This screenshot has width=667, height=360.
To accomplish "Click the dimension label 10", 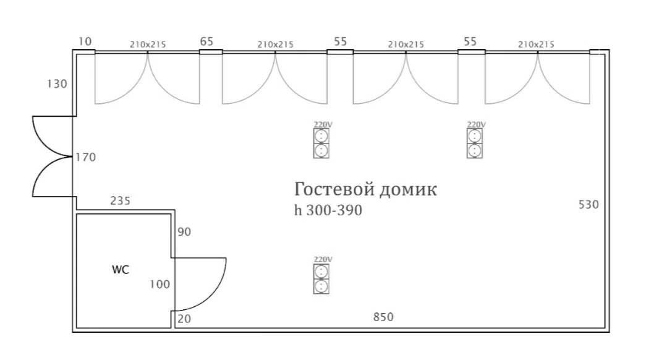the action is [x=85, y=41].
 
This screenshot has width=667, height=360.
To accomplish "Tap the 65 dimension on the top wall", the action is [x=206, y=41].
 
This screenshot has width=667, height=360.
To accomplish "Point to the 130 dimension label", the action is [x=57, y=84].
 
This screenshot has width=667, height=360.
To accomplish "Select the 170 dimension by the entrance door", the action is [x=86, y=158].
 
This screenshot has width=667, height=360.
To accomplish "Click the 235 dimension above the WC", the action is [x=121, y=200].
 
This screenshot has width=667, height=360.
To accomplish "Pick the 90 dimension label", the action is [x=184, y=232].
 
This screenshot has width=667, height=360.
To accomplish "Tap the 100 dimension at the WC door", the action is [x=160, y=285].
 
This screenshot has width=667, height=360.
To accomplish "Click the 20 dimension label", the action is [x=184, y=319].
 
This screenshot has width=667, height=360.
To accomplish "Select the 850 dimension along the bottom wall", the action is [x=383, y=317].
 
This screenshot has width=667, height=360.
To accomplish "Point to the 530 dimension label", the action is [x=588, y=205].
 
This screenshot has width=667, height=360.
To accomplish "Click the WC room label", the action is [x=121, y=270].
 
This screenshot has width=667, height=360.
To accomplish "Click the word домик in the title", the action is [x=408, y=189].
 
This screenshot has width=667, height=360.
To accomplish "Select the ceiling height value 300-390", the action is [x=334, y=210].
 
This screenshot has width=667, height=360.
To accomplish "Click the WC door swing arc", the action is [x=213, y=294].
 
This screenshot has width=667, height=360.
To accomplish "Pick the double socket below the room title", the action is [x=321, y=279].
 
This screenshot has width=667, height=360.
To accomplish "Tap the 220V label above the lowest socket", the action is [x=323, y=259].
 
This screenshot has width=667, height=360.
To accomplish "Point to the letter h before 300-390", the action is [x=298, y=210].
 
